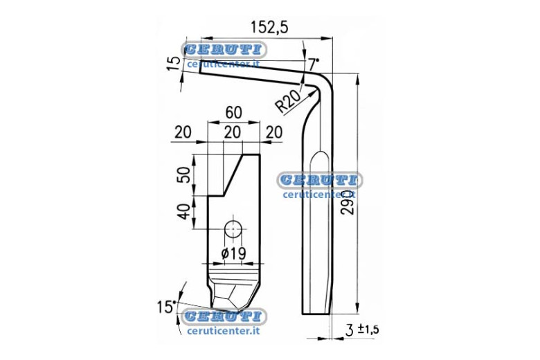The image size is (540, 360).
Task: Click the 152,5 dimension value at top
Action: pos(269,27)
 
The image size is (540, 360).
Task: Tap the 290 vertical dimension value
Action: pos(349,203)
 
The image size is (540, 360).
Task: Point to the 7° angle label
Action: pos(314,64)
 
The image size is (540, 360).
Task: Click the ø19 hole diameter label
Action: pos(233,254)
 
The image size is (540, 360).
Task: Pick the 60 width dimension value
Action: pos(233,113)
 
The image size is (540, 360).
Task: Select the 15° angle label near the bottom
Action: pos(166,307)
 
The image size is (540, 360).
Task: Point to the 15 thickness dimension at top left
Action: pos(174,64)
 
